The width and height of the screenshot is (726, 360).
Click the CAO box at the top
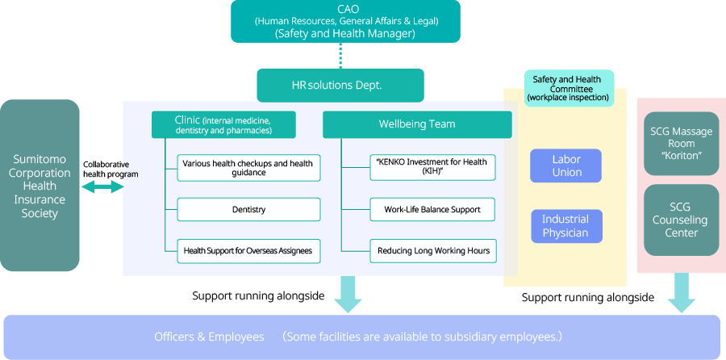[345, 21]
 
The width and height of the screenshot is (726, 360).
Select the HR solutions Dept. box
[340, 85]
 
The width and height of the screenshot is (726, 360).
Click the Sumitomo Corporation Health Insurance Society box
[40, 185]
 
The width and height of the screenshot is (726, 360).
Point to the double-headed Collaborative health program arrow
[103, 187]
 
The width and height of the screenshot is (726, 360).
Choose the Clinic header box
[223, 124]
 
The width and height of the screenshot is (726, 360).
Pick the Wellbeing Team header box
[417, 124]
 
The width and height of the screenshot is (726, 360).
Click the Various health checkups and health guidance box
[248, 168]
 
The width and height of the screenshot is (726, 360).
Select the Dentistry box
[248, 210]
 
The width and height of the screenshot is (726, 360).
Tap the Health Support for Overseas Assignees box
[248, 251]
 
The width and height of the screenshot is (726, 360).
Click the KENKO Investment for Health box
[432, 167]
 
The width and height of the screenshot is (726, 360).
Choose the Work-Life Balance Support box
[432, 210]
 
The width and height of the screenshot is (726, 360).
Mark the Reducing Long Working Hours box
[432, 251]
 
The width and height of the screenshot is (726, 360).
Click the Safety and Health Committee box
[568, 88]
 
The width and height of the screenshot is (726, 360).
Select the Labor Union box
[566, 165]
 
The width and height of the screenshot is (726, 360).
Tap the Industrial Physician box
[565, 226]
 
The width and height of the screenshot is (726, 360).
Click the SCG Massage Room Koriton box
[682, 143]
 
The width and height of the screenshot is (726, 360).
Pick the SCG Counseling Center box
[682, 220]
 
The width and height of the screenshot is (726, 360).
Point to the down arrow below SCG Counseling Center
[682, 292]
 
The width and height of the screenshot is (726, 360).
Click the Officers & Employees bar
[362, 337]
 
